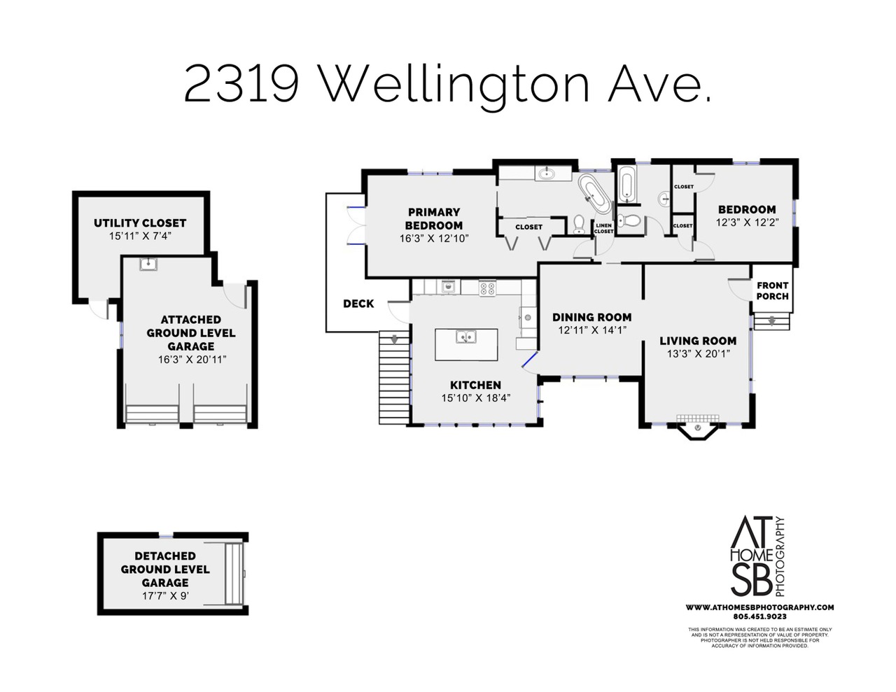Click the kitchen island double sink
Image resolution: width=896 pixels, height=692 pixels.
point(466,337)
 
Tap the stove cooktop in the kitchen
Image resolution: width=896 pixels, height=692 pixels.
point(487,288)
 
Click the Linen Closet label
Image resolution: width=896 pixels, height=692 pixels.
point(603,228)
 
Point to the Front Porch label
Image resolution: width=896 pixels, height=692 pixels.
point(772,290)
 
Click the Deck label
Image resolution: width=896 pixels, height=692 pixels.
point(358,304)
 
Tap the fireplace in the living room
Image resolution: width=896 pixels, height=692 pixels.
point(698,426)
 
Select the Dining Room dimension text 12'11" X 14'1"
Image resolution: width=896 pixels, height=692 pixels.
point(592,330)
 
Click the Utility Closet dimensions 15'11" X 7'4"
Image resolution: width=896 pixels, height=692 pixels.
point(140,236)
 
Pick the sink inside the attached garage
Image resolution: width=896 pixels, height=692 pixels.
point(148,264)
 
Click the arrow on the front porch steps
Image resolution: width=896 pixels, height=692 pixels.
point(771,321)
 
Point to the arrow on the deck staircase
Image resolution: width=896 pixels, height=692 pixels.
point(395,339)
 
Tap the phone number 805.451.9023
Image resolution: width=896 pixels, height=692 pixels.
point(760,617)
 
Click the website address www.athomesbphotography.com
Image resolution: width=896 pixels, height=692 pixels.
point(759,607)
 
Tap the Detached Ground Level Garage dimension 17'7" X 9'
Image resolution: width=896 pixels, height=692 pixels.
point(165,595)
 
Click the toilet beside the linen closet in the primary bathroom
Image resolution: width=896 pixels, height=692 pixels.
point(580,225)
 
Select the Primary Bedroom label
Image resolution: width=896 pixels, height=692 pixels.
point(434,218)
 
